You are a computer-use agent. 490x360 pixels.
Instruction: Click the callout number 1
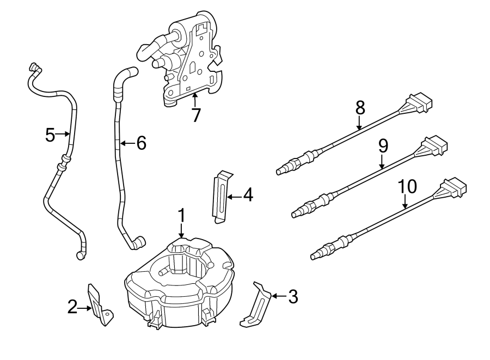click(x=182, y=215)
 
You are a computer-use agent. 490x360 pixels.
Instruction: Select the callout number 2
click(x=73, y=308)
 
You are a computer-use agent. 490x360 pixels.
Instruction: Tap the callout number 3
click(x=292, y=297)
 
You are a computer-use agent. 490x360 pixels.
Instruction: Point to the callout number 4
click(x=248, y=195)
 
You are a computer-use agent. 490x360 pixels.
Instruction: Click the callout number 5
click(x=50, y=134)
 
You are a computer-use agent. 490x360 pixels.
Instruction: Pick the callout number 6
click(x=140, y=143)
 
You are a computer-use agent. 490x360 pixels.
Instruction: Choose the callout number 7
click(x=195, y=115)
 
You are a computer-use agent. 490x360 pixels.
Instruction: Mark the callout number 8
click(x=360, y=108)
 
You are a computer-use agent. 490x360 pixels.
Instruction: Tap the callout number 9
click(x=383, y=145)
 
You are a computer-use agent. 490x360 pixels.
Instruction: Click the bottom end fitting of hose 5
click(x=81, y=254)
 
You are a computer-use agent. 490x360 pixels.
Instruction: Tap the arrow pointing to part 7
click(x=195, y=98)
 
